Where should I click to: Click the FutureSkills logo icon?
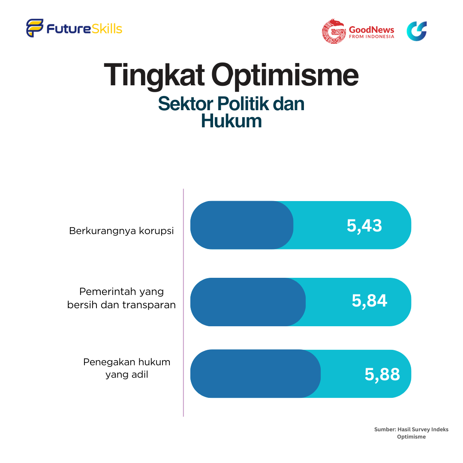pyautogui.click(x=35, y=28)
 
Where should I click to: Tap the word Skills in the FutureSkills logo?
pyautogui.click(x=107, y=29)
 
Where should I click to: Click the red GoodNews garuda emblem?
pyautogui.click(x=334, y=31)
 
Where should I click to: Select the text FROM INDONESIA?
pyautogui.click(x=371, y=36)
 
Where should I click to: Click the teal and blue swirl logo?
pyautogui.click(x=417, y=31)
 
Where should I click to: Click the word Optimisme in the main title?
pyautogui.click(x=285, y=75)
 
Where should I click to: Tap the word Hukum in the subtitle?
pyautogui.click(x=231, y=121)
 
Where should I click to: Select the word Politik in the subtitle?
pyautogui.click(x=244, y=104)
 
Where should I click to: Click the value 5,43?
pyautogui.click(x=364, y=225)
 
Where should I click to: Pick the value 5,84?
pyautogui.click(x=369, y=301)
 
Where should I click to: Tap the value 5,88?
pyautogui.click(x=382, y=374)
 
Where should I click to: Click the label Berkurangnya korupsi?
pyautogui.click(x=121, y=231)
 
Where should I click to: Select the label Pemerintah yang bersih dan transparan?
pyautogui.click(x=121, y=298)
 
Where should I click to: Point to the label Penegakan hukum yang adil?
pyautogui.click(x=126, y=368)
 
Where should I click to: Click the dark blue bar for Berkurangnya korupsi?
pyautogui.click(x=242, y=225)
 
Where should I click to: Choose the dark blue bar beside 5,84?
pyautogui.click(x=248, y=302)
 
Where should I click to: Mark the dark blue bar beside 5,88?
pyautogui.click(x=256, y=373)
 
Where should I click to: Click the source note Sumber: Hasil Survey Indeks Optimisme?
pyautogui.click(x=411, y=433)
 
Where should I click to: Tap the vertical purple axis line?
pyautogui.click(x=183, y=303)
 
